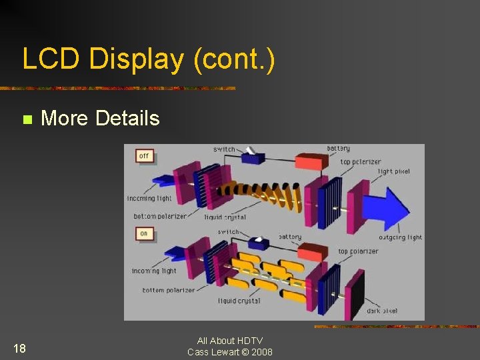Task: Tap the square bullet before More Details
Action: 27,119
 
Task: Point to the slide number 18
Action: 19,347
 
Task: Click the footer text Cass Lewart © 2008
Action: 230,352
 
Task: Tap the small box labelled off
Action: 145,156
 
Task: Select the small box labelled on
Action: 144,233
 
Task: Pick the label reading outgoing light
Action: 401,237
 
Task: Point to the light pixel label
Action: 393,171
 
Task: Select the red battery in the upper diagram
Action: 312,162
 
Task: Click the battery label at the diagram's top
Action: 338,148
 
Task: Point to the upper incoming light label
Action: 149,198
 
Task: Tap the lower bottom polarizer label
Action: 168,290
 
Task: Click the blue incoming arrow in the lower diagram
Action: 175,253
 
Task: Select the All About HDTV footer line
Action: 230,341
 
